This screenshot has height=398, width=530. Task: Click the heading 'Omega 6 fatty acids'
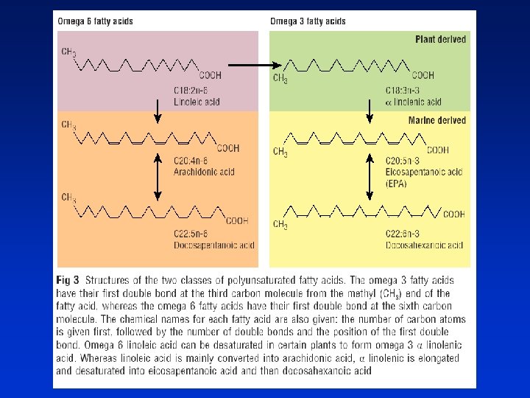pos(96,21)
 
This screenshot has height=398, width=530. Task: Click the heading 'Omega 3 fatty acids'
pos(308,21)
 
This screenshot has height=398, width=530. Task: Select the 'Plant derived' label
pos(440,39)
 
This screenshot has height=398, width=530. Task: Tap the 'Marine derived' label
pos(437,120)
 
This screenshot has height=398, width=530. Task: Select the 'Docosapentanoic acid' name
pos(211,244)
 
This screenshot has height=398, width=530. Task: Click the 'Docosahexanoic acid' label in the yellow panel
pos(424,244)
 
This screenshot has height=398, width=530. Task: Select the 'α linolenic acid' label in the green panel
pos(414,102)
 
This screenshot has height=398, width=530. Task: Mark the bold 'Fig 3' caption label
pos(69,279)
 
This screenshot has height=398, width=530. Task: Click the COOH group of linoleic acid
pos(210,75)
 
